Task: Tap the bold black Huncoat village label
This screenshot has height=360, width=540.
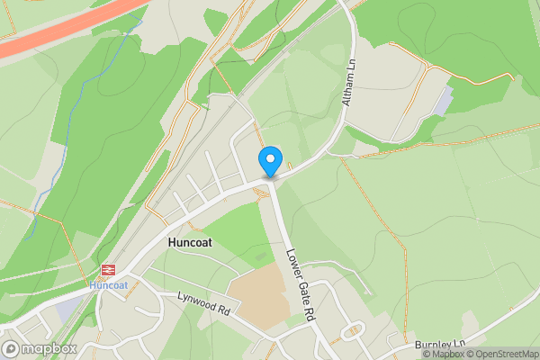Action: coord(193,243)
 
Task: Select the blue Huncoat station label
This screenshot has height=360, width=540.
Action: coord(109,285)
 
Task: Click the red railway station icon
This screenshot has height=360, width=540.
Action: coord(109,270)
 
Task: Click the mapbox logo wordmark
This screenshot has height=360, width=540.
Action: coord(49,348)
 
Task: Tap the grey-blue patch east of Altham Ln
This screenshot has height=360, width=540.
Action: coord(444,101)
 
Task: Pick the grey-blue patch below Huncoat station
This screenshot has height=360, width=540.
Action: coord(67,309)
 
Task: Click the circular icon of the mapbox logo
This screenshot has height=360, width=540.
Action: coord(12,348)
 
